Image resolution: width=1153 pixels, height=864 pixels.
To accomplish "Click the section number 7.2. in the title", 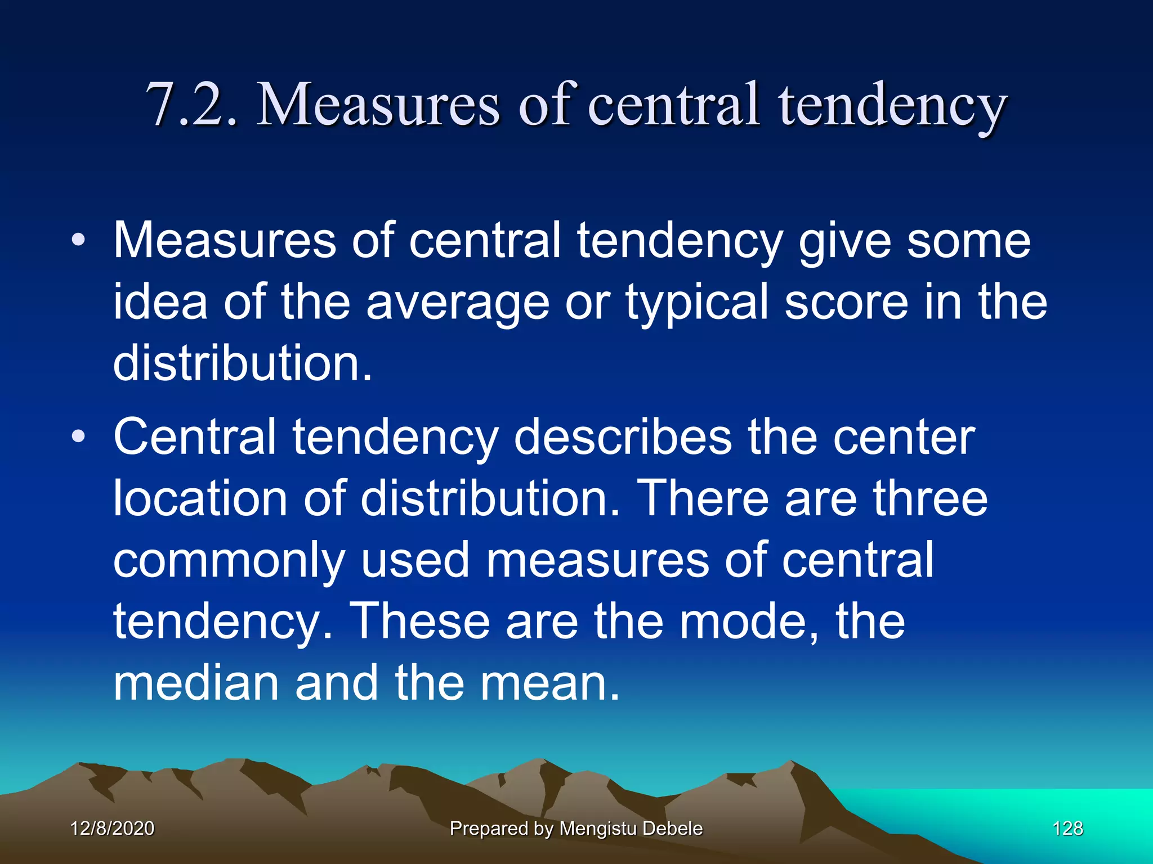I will pos(191,105).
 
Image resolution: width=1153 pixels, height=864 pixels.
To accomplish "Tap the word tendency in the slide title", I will pos(892,107).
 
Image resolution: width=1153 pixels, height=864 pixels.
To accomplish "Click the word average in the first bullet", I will pos(458,303).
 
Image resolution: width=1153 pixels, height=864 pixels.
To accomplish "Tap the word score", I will pos(846,303).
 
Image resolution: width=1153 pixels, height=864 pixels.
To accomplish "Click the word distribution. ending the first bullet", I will pos(243,363).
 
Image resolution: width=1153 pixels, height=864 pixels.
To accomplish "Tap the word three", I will pos(930,498).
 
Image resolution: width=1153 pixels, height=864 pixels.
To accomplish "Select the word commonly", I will pos(229,560).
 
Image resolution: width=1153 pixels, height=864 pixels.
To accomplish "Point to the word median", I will pos(196,683).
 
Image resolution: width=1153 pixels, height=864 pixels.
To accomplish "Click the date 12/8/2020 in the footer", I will pos(113,828).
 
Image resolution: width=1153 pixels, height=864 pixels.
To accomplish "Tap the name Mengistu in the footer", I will pos(598,829).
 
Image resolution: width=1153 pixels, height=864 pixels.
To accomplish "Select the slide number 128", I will pos(1067,828).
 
